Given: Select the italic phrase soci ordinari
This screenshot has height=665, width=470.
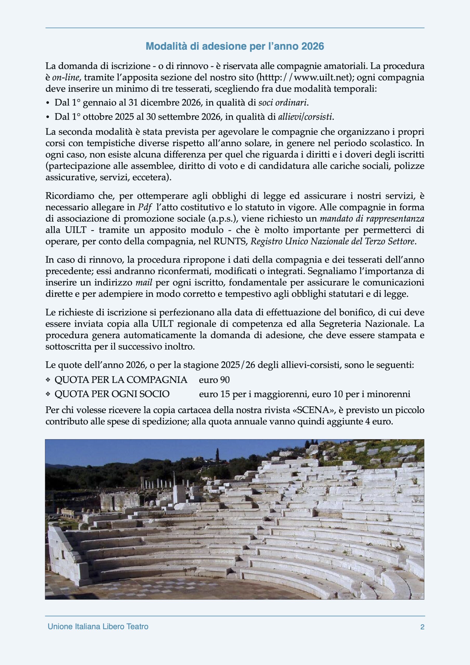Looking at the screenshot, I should [x=282, y=103].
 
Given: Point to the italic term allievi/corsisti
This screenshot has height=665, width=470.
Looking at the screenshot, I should [x=304, y=117].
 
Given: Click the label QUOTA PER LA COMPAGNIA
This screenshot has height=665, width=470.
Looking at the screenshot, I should [x=121, y=380].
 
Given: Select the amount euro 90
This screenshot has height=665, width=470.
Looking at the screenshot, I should [x=214, y=380].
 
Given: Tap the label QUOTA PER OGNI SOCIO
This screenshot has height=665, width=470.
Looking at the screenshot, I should [x=112, y=394].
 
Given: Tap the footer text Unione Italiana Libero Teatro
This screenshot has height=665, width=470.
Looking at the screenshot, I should [x=98, y=627].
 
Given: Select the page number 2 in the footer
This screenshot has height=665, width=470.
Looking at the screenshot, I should [x=422, y=627].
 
